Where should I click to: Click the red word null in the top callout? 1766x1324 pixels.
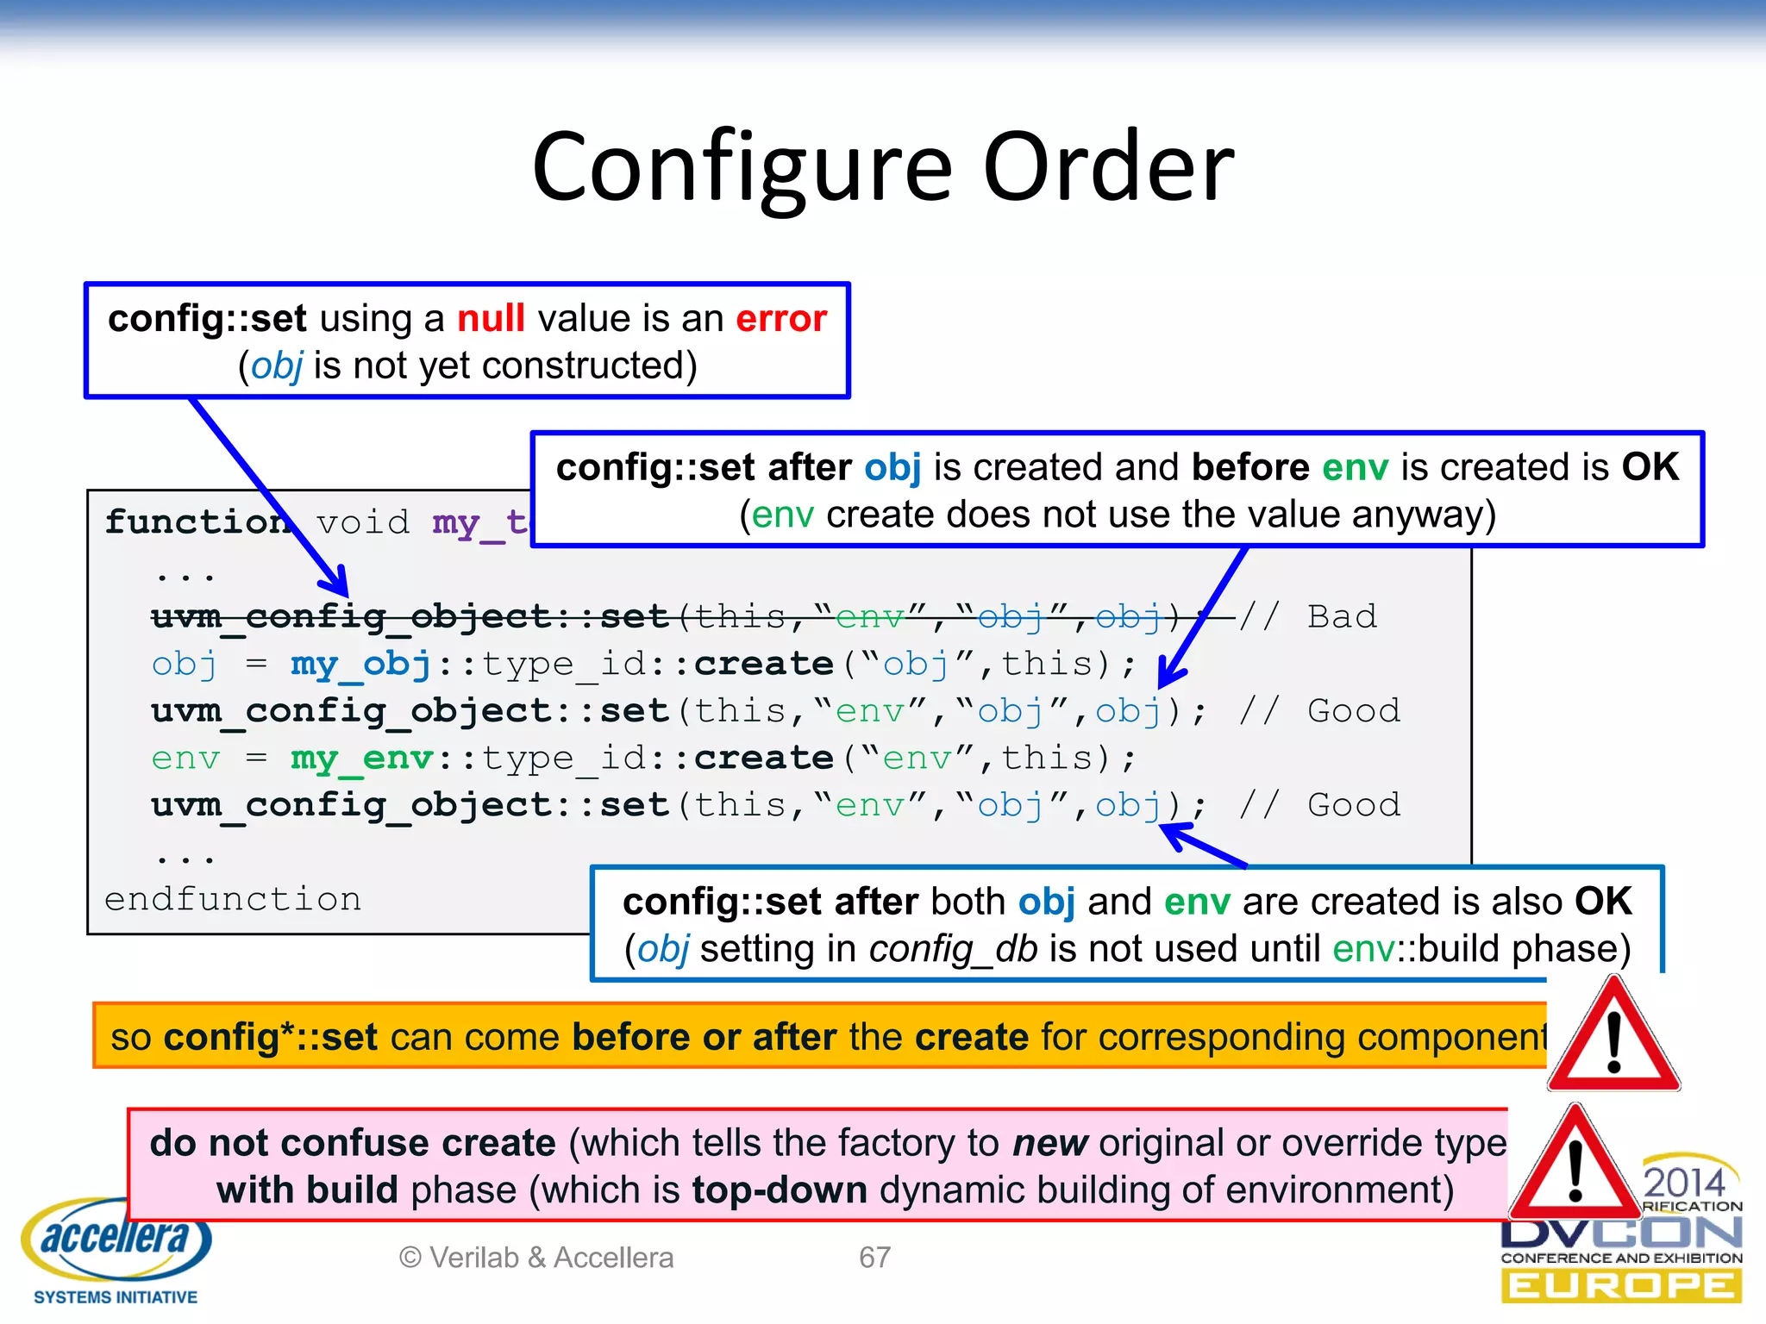coord(490,319)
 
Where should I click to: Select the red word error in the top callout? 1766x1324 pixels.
coord(780,319)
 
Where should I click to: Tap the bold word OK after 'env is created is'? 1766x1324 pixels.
coord(1650,467)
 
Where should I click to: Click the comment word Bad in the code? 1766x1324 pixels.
coord(1342,617)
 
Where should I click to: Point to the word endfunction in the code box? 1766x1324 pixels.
coord(233,899)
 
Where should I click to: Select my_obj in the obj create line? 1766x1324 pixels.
coord(360,665)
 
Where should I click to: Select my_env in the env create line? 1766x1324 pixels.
coord(361,759)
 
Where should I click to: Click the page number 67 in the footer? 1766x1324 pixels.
coord(874,1258)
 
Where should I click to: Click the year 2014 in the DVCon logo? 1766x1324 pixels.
coord(1683,1181)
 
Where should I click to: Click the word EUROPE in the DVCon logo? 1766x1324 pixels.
coord(1621,1287)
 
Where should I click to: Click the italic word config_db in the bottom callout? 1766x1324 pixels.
coord(952,949)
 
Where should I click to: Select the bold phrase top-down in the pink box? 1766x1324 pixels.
coord(779,1190)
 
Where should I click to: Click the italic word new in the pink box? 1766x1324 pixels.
coord(1049,1144)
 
